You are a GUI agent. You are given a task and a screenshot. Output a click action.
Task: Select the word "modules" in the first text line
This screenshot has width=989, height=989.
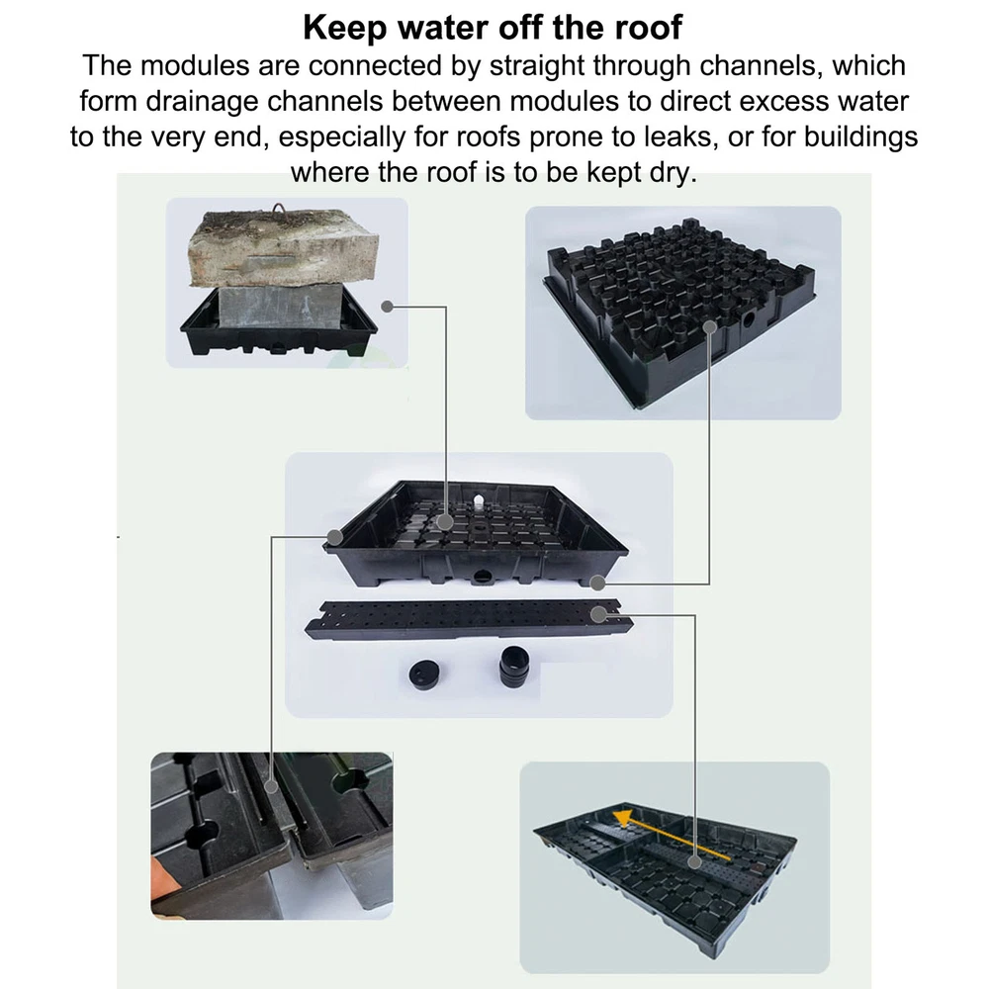(195, 65)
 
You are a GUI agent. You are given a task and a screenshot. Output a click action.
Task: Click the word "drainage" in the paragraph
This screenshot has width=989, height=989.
(202, 101)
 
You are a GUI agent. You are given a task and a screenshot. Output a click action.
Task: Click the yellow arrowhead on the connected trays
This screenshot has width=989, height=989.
(624, 819)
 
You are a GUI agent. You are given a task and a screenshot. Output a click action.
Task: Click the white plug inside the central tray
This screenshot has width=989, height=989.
(478, 500)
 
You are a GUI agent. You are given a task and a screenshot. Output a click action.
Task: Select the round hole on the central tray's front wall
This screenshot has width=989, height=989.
(483, 575)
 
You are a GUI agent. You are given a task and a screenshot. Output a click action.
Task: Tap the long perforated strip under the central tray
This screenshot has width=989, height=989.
(469, 619)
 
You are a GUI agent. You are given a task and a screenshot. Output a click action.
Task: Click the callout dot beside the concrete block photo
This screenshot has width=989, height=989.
(388, 307)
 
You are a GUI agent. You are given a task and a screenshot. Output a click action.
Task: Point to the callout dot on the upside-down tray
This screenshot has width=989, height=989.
(710, 327)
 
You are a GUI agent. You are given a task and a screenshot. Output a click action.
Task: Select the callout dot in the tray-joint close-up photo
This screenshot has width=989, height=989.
(271, 786)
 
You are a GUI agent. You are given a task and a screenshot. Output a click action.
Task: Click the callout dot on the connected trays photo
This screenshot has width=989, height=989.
(694, 862)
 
